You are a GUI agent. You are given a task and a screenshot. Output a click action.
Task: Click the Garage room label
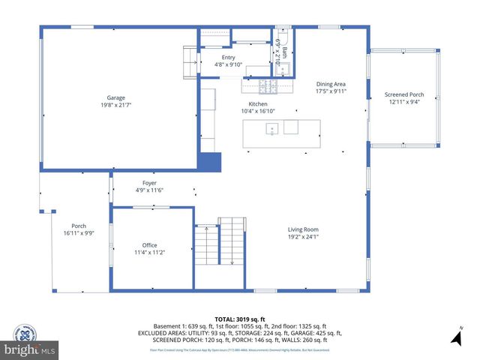(x=115, y=97)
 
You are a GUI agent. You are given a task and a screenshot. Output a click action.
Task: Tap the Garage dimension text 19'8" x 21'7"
(x=115, y=105)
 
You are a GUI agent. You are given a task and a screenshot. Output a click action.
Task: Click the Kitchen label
(x=258, y=104)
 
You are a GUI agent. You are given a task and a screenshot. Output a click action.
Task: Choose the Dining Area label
(x=330, y=84)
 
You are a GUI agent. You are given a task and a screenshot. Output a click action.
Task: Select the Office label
(x=149, y=245)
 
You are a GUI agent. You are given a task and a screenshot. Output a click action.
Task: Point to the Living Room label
(x=304, y=229)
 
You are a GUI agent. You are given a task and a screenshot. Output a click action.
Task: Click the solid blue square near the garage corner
(x=211, y=163)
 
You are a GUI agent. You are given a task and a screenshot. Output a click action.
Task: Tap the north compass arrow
(x=454, y=338)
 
